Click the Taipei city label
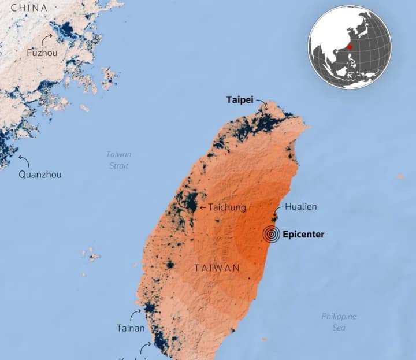coord(239,100)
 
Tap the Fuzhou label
coord(42,53)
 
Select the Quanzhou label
coord(40,175)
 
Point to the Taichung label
coord(226,207)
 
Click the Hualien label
coord(300,206)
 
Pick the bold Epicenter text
coord(304,234)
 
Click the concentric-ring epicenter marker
coord(272,234)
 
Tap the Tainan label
coord(131,328)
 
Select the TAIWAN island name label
coord(217,268)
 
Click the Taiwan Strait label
coord(118,160)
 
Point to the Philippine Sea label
coord(339,322)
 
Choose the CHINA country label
coord(29,8)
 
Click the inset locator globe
coord(350,47)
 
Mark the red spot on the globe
coord(350,47)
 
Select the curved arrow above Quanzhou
coord(24,159)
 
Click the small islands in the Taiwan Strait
coord(91,254)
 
